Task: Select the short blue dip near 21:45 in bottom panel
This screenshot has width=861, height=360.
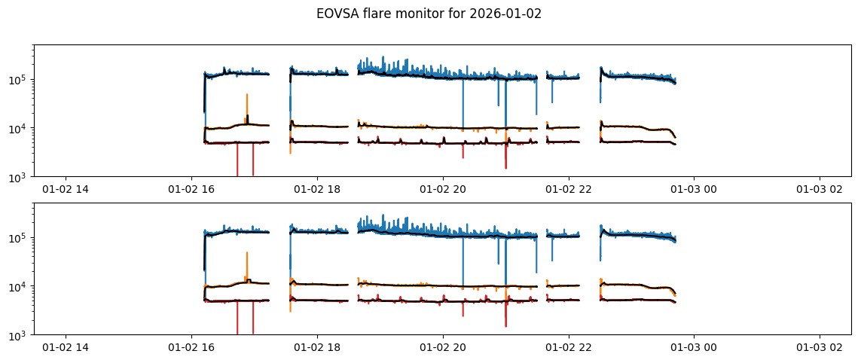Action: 552,252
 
